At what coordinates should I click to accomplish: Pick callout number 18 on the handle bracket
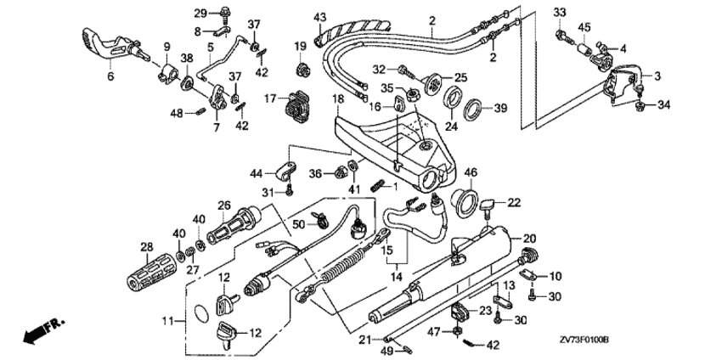[337, 99]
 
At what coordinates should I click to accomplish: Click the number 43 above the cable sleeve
[319, 18]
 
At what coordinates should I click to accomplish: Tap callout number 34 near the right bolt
[664, 105]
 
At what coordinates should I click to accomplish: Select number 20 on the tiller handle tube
[528, 238]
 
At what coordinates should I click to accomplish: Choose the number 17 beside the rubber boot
[270, 99]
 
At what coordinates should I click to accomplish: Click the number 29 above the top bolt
[200, 13]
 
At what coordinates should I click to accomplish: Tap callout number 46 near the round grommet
[470, 172]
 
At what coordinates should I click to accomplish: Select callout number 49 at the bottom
[385, 350]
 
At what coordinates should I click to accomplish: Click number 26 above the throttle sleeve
[224, 204]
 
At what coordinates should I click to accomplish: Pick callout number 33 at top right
[560, 12]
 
